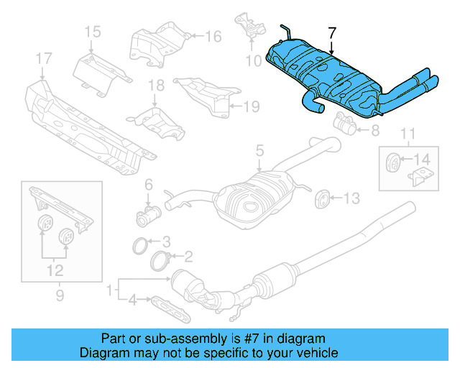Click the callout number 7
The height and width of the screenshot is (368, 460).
click(331, 33)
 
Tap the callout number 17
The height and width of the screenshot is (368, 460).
click(44, 58)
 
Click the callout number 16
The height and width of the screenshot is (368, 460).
click(213, 36)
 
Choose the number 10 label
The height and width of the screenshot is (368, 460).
click(252, 61)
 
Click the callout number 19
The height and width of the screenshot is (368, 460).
click(250, 107)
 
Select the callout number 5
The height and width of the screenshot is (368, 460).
click(259, 151)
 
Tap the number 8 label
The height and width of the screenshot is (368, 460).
click(374, 131)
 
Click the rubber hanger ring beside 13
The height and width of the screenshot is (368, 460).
click(323, 198)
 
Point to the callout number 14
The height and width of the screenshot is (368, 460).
click(423, 158)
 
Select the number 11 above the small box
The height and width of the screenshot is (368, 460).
click(408, 133)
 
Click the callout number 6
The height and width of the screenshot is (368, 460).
click(149, 185)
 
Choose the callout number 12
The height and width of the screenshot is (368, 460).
click(55, 271)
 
